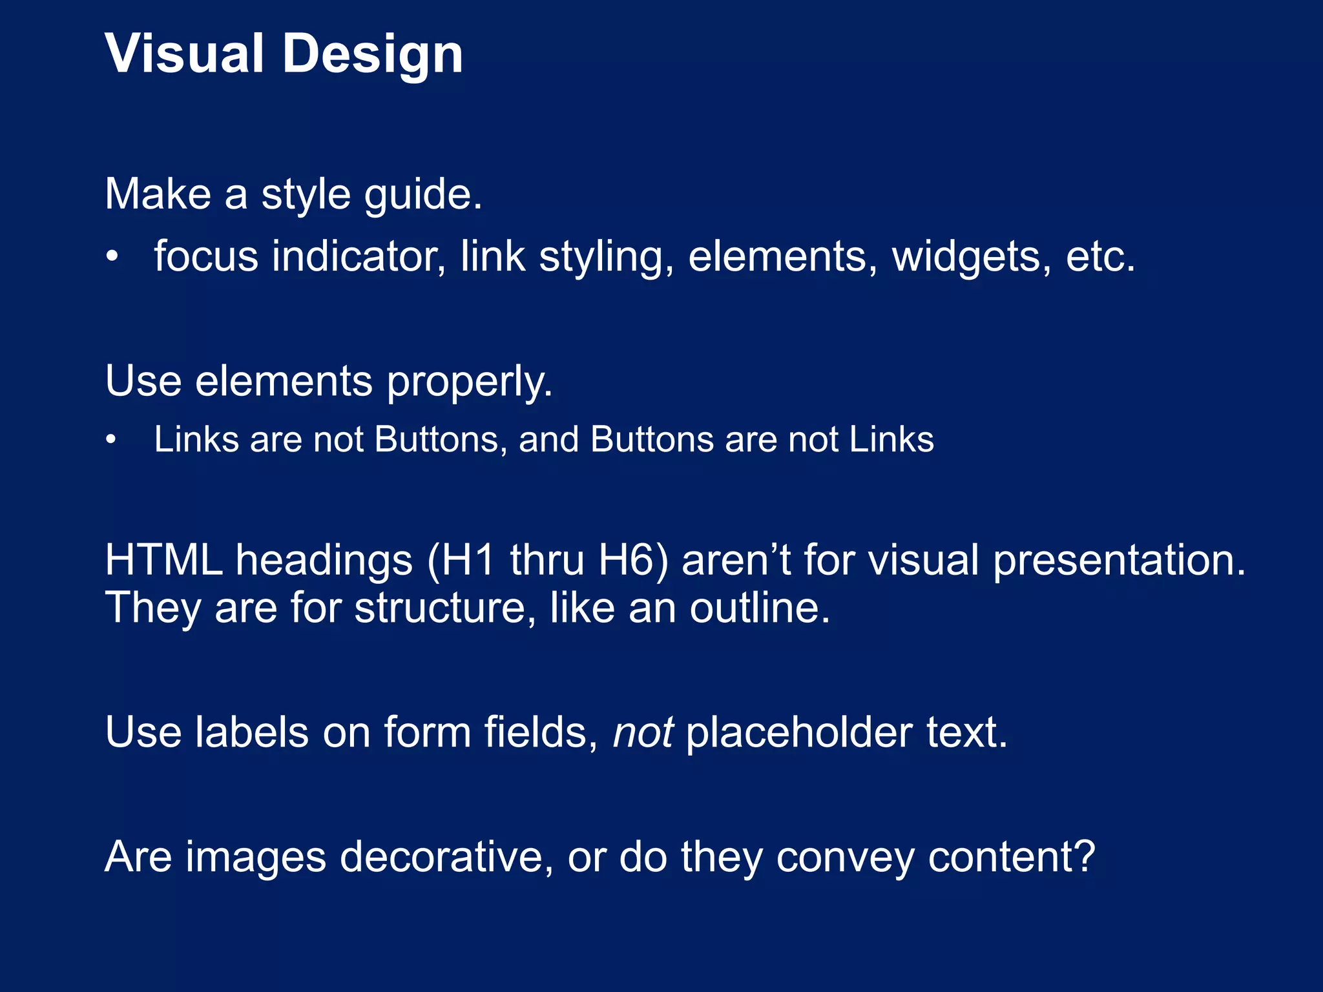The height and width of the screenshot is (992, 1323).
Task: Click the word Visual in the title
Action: click(x=184, y=54)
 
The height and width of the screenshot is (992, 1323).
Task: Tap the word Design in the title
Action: click(x=373, y=55)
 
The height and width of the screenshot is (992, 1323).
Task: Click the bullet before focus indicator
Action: click(x=112, y=257)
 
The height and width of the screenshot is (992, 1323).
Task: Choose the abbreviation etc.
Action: click(x=1100, y=257)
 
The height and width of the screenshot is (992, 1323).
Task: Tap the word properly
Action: click(x=470, y=382)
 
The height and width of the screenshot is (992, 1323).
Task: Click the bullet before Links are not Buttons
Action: click(x=112, y=440)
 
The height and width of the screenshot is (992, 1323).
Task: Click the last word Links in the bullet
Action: click(x=891, y=440)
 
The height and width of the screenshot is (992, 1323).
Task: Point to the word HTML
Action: click(x=164, y=559)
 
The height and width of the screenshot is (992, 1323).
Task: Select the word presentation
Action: click(x=1118, y=561)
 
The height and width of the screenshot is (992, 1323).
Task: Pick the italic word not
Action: click(x=643, y=732)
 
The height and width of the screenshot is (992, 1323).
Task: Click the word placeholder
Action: click(x=799, y=732)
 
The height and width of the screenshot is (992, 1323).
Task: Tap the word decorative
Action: click(x=446, y=857)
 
